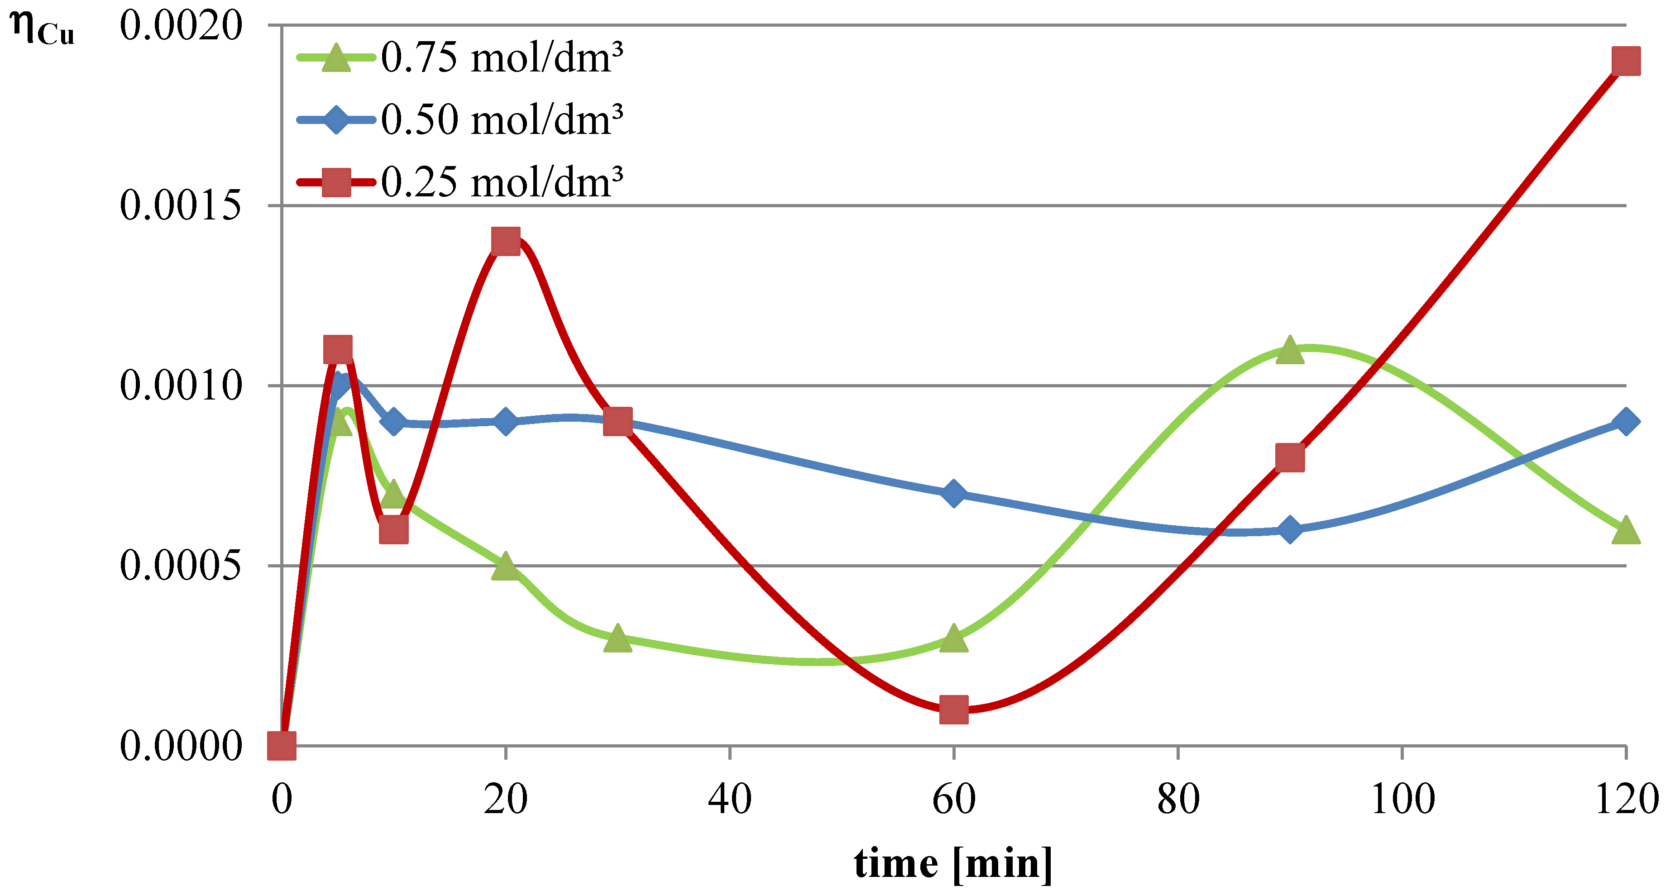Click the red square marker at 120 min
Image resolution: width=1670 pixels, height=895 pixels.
pyautogui.click(x=1625, y=62)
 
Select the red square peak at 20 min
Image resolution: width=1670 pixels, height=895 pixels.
pyautogui.click(x=506, y=241)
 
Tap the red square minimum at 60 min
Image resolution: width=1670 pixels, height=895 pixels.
pyautogui.click(x=954, y=709)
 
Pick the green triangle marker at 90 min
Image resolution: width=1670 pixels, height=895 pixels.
pyautogui.click(x=1289, y=351)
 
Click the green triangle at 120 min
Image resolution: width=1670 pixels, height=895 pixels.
pyautogui.click(x=1625, y=530)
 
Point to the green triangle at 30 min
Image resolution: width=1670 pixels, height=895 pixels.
pyautogui.click(x=618, y=638)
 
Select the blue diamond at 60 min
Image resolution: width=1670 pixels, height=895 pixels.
pyautogui.click(x=954, y=494)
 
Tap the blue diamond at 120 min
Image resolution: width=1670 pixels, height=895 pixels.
pyautogui.click(x=1625, y=422)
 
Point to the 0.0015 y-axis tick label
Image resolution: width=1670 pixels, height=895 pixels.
pyautogui.click(x=180, y=206)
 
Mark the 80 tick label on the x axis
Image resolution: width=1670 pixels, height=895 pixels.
pyautogui.click(x=1178, y=799)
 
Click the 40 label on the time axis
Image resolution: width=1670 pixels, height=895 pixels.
pyautogui.click(x=730, y=799)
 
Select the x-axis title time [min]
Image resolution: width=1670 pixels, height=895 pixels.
pyautogui.click(x=953, y=864)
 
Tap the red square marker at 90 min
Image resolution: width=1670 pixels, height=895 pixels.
pyautogui.click(x=1289, y=457)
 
